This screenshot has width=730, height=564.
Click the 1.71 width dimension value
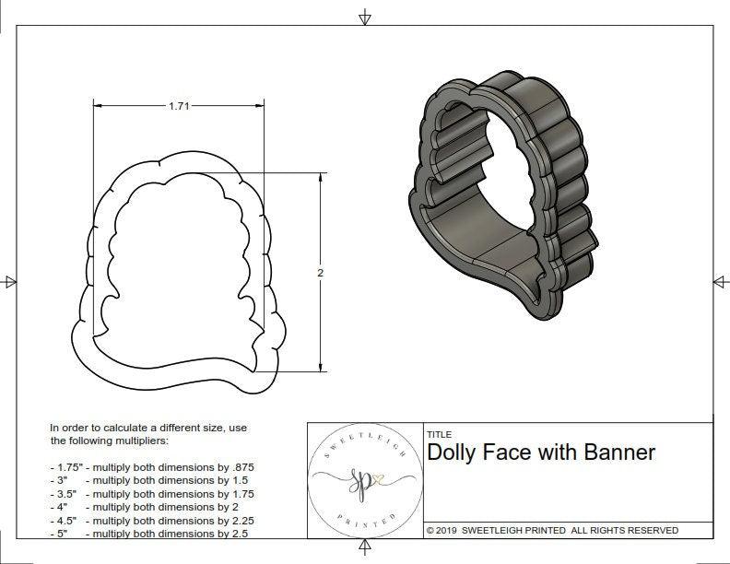tap(179, 106)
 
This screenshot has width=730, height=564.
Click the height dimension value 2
tap(320, 273)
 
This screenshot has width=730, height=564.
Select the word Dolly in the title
tap(453, 452)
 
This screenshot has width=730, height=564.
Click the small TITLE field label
tap(439, 434)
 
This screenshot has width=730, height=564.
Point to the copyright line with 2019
tap(552, 530)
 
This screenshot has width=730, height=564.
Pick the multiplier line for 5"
tap(152, 533)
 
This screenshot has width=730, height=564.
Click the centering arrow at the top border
tap(365, 17)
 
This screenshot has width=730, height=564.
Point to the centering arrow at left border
tap(9, 281)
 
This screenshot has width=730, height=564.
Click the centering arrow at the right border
tap(721, 281)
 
